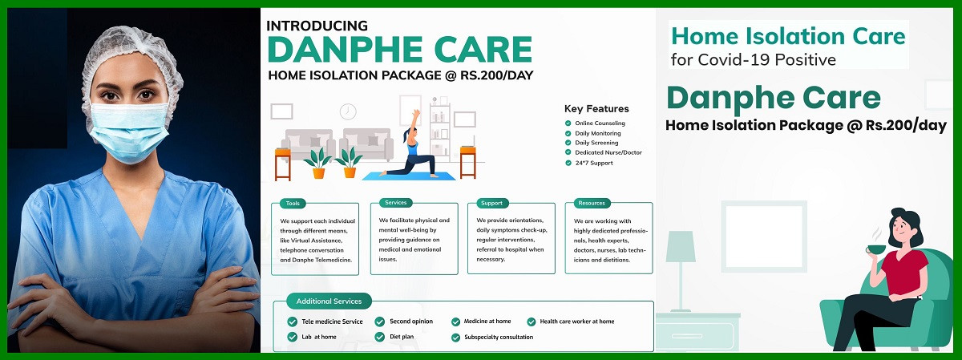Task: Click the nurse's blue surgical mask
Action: click(129, 131)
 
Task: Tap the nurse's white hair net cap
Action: click(131, 60)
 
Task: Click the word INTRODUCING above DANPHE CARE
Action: click(317, 26)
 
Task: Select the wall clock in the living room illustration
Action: click(348, 111)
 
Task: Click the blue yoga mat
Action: click(409, 176)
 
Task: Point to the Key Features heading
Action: click(596, 109)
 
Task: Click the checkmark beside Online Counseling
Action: click(568, 123)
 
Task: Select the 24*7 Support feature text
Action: click(594, 163)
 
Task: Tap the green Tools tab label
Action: click(293, 203)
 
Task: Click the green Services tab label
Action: click(395, 203)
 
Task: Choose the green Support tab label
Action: click(491, 203)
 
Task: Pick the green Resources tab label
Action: click(592, 203)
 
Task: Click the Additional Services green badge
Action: click(329, 301)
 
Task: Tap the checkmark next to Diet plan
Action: click(380, 337)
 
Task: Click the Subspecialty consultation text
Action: click(499, 338)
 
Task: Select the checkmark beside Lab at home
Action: click(293, 337)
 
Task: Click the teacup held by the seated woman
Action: click(875, 249)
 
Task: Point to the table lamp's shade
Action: click(681, 246)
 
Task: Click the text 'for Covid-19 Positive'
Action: click(754, 59)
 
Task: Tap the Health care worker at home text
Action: click(576, 322)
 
